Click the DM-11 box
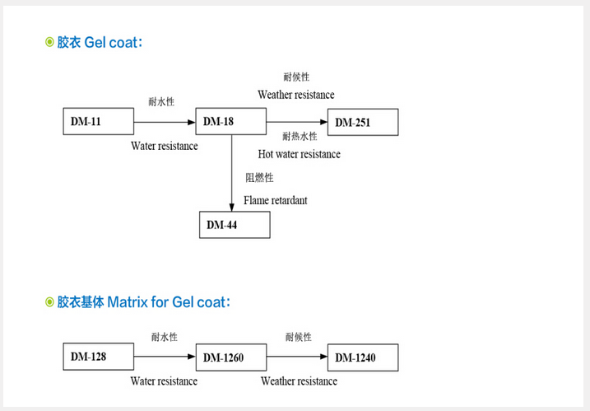coord(98,122)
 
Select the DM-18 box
coord(230,122)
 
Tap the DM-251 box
coord(362,123)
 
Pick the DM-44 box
coord(234,225)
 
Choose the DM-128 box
coord(98,357)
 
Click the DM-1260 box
coord(230,357)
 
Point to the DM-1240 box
coord(362,357)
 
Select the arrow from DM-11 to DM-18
coord(164,122)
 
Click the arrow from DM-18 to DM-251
coord(296,122)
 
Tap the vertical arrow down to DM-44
coord(230,173)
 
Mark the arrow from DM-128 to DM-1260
coord(164,357)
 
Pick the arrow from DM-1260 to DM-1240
coord(296,357)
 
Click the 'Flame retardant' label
coord(275,200)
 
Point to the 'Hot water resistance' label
coord(299,154)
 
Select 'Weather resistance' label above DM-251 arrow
coord(295,95)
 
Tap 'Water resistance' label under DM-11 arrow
coord(165,146)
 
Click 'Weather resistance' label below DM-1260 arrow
coord(299,381)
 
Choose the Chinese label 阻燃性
coord(259,178)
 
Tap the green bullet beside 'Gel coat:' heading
coord(49,42)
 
